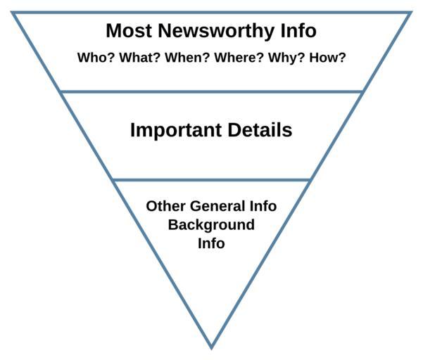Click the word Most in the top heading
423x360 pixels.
coord(129,30)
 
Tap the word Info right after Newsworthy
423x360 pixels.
coord(298,30)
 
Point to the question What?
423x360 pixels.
coord(140,58)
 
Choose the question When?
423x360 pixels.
coord(187,58)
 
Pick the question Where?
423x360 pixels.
coord(239,58)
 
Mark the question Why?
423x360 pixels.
coord(286,58)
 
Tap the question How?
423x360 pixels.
coord(327,58)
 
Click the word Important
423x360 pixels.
coord(176,130)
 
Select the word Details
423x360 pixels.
coord(260,130)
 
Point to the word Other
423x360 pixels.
coord(165,206)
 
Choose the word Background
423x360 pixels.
coord(211,225)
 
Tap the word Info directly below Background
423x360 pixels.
coord(211,243)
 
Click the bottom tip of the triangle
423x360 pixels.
coord(211,349)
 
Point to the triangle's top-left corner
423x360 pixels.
coord(11,12)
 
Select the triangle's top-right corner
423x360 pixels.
coord(412,12)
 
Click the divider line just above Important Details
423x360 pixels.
coord(211,92)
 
